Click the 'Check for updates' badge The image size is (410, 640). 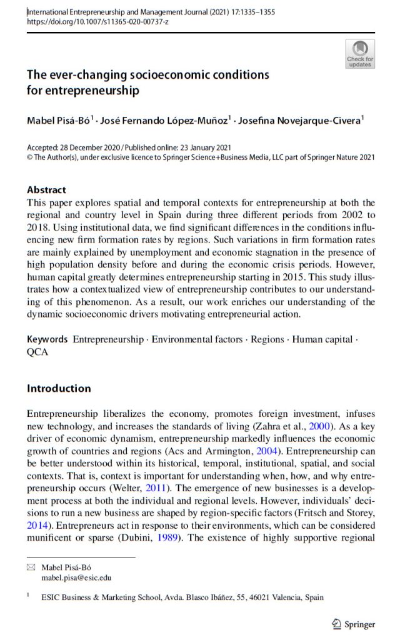[x=360, y=53]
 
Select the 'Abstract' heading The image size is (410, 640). [x=47, y=189]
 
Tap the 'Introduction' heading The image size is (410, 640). [x=59, y=388]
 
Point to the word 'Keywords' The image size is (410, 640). [x=47, y=339]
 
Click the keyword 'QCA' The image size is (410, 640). [x=37, y=351]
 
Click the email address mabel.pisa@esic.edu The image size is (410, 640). [x=76, y=578]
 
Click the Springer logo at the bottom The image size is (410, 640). [x=352, y=624]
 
